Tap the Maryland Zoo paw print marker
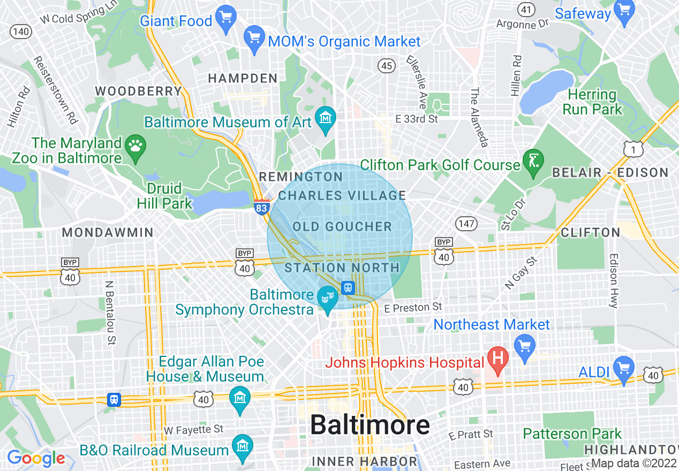tap(133, 145)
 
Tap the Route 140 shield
tap(21, 31)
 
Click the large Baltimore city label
tap(369, 425)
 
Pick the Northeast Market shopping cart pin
tap(524, 344)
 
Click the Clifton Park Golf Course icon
tap(533, 160)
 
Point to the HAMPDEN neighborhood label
tap(243, 78)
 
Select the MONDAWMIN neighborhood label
tap(108, 232)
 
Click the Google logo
tap(36, 458)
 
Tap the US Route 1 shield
tap(634, 149)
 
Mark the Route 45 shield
tap(386, 66)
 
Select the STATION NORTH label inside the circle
tap(342, 267)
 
